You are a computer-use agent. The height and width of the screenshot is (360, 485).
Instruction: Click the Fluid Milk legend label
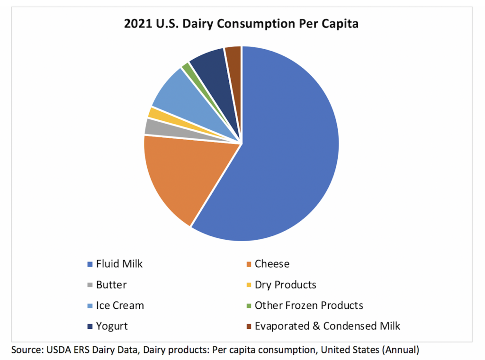point(119,264)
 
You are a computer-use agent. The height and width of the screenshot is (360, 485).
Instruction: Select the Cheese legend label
point(272,264)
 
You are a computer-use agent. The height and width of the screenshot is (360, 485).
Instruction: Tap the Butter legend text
point(111,285)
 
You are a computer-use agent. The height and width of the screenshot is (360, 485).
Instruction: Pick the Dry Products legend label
point(285,285)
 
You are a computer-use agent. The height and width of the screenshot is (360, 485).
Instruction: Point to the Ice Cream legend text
point(120,306)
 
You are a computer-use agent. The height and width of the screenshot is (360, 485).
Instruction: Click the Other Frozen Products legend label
point(309,306)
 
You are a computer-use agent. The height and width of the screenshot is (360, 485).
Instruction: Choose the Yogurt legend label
point(112,326)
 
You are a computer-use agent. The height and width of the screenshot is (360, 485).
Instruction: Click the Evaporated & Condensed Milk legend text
point(327,326)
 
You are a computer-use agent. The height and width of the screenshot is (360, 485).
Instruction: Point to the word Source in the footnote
point(26,351)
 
